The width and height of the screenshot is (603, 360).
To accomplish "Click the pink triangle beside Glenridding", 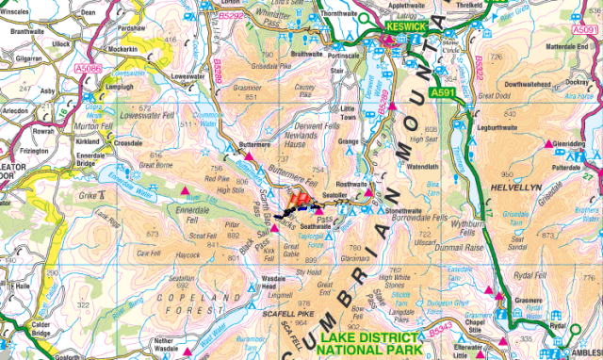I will (x=549, y=143).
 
